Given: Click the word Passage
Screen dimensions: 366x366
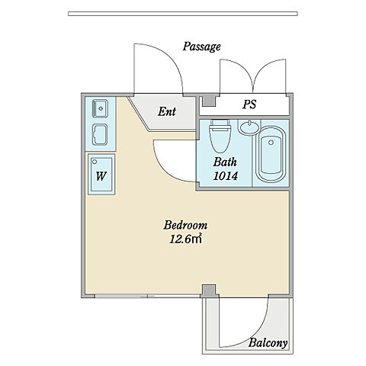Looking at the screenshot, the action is click(x=201, y=47).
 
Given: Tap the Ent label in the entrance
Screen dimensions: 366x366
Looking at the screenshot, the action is click(x=167, y=111).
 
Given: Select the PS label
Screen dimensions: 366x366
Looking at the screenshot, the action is click(x=249, y=104).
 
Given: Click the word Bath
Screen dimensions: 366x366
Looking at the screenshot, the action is click(x=225, y=162).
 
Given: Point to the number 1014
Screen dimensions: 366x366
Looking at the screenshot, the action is click(x=225, y=175).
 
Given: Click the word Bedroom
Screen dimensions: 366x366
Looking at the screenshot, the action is click(x=185, y=225).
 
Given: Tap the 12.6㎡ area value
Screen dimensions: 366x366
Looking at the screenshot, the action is click(x=185, y=239).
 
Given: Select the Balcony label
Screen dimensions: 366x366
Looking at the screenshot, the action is click(x=268, y=343).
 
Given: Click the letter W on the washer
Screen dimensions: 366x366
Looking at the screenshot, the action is click(x=101, y=176).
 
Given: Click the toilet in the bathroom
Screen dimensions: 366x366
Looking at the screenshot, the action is click(x=220, y=136).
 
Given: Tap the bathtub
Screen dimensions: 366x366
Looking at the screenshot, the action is click(x=271, y=155).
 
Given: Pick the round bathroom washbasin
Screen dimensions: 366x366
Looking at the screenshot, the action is click(x=249, y=127).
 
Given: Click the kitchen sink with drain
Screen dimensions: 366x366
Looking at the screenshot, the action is click(x=101, y=108).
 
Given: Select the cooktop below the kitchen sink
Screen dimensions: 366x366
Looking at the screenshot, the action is click(x=100, y=135).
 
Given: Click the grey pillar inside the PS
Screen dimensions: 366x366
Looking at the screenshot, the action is click(x=209, y=101).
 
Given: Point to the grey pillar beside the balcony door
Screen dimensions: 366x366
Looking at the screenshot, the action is click(x=209, y=290).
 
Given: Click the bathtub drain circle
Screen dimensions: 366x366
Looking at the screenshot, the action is click(x=271, y=143).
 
